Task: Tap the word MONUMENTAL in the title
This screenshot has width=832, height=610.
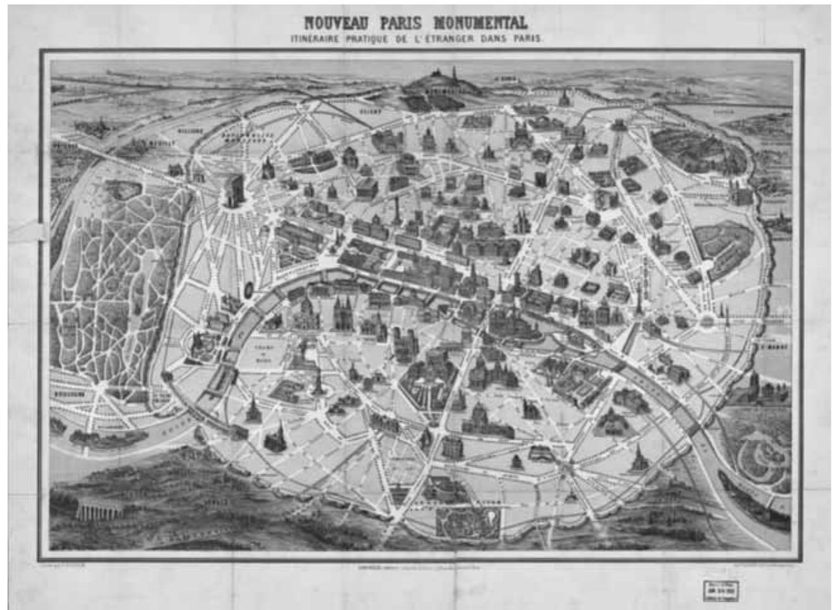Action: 487,23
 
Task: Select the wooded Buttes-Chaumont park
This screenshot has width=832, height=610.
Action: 696,152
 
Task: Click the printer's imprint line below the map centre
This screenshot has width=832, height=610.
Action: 418,568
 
